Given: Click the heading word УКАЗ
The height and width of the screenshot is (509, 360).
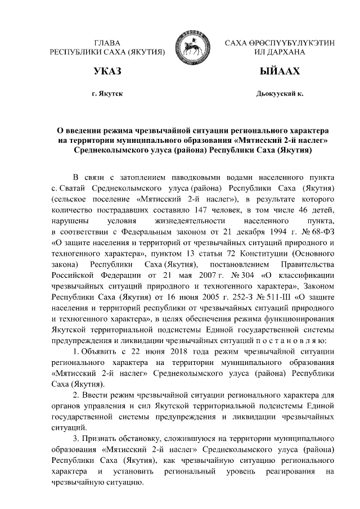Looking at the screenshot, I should [x=107, y=72].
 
